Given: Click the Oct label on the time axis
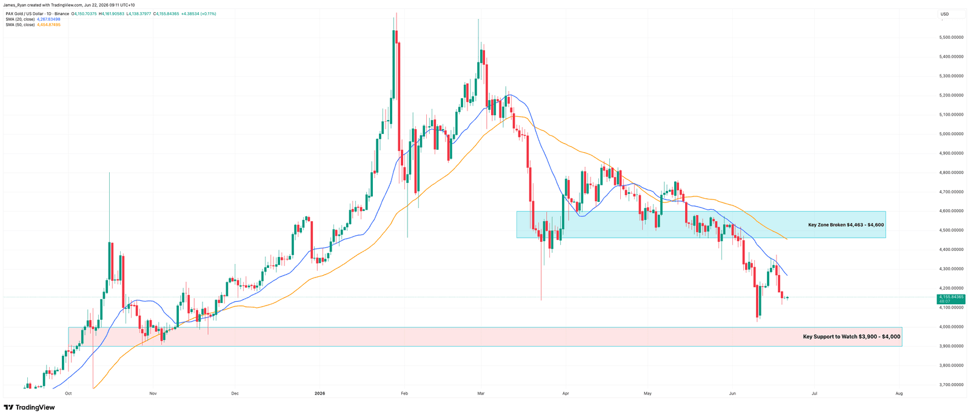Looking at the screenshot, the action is pos(68,393).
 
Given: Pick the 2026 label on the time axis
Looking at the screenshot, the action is pos(319,393).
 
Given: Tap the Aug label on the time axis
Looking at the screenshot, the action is pos(899,393).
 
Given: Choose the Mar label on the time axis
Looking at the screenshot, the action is pos(481,393).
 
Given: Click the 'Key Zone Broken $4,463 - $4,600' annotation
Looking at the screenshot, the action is pos(846,225).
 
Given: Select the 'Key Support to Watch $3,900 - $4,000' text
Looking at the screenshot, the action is pos(851,336).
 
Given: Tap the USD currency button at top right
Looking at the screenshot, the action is pos(945,15).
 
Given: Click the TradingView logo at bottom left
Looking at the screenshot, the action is pos(30,407).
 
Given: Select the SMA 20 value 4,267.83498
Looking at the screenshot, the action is pos(48,19).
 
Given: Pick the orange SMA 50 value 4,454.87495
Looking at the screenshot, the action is pos(48,25).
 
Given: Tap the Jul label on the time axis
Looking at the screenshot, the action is pos(815,393).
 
